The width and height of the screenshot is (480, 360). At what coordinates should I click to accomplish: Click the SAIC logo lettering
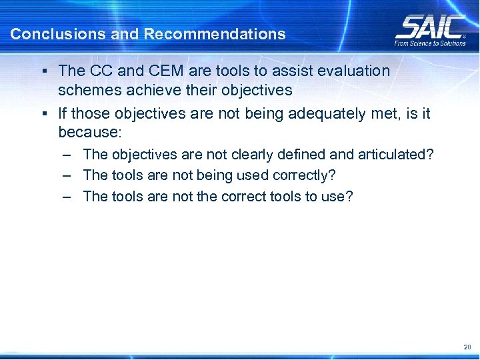[x=430, y=27]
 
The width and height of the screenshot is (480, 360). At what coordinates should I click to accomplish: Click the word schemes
[x=85, y=89]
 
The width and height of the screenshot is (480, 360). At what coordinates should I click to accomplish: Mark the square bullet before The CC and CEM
[x=43, y=70]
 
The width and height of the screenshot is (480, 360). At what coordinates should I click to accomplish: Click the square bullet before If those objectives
[x=43, y=113]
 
